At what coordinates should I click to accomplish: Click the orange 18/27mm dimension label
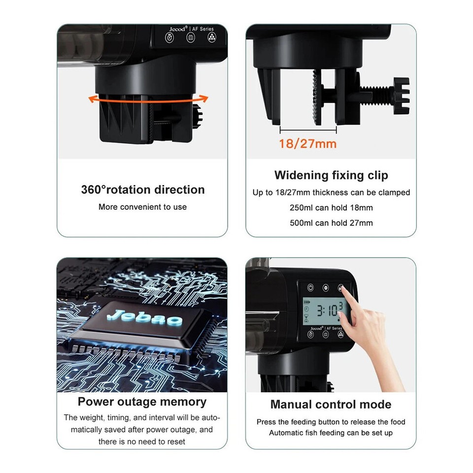pos(307,144)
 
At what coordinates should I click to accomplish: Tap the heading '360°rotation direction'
pos(142,190)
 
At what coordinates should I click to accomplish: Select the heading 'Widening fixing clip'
pos(331,175)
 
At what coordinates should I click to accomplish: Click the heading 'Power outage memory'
pos(142,402)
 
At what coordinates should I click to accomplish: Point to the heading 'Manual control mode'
pos(331,405)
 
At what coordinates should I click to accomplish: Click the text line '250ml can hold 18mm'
pos(331,208)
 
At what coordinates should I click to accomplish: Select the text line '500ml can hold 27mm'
pos(331,223)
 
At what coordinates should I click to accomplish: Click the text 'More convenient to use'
pos(142,207)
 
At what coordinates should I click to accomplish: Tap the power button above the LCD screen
pos(310,288)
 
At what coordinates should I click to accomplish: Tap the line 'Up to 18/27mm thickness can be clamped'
pos(331,193)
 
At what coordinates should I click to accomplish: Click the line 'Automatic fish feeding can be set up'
pos(331,433)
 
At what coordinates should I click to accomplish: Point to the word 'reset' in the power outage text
pos(175,441)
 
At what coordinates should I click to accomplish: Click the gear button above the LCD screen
pos(325,288)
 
